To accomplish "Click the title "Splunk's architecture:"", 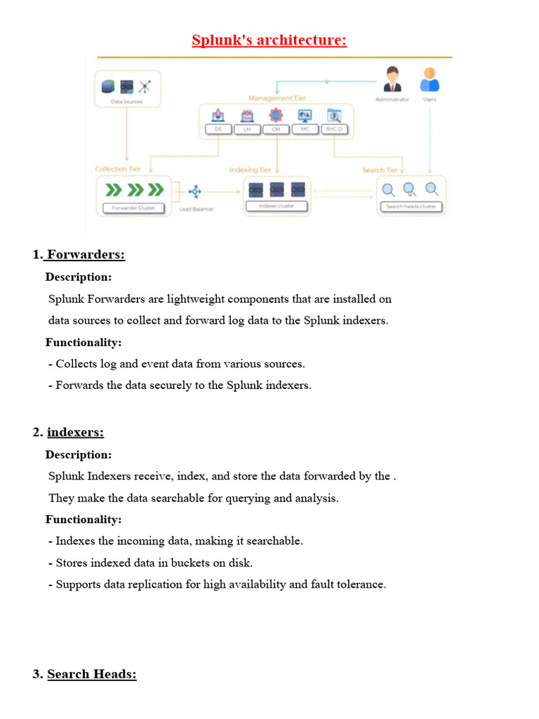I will tap(269, 40).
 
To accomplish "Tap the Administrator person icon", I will tap(392, 79).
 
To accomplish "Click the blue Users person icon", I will tap(429, 79).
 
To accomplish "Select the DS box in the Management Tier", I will tap(218, 130).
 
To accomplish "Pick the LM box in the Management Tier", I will tap(247, 130).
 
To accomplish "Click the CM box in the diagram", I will tap(276, 130).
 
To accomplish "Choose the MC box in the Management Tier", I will tap(305, 130).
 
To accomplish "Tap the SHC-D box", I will tap(334, 130).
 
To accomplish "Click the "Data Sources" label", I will tap(126, 102).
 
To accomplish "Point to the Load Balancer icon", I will tap(195, 191).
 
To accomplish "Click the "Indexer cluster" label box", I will tap(277, 206).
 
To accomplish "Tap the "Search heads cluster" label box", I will tap(411, 206).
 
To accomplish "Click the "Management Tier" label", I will tap(277, 98).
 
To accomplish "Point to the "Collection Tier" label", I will tap(118, 169).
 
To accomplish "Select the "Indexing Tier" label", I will tap(251, 170).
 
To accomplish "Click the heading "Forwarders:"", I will tap(86, 255).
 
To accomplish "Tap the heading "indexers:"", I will tap(75, 432).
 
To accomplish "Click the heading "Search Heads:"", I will tap(91, 675).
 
